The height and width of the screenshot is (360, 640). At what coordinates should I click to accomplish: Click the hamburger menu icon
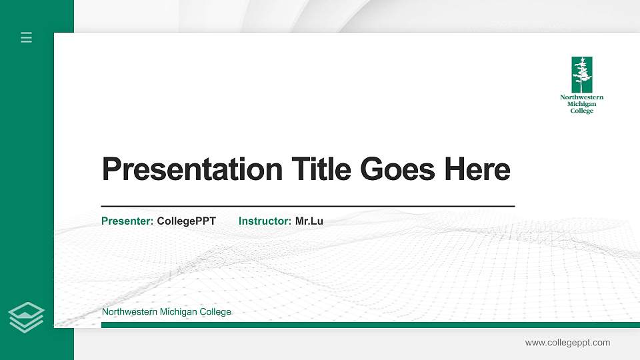pos(27,37)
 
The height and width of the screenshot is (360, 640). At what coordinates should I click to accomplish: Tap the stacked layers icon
pos(27,317)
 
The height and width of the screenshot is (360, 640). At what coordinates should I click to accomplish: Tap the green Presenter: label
pos(127,221)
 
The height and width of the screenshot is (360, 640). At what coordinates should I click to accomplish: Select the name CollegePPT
pos(186,221)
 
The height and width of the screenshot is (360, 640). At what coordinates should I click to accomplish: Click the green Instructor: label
pos(265,221)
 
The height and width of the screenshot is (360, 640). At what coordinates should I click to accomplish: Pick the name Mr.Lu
pos(309,221)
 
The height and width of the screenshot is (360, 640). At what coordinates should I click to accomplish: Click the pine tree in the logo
pos(582,74)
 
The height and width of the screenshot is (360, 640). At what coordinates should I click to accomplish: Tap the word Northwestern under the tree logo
pos(582,97)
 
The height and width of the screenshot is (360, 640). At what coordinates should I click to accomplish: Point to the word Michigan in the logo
pos(582,104)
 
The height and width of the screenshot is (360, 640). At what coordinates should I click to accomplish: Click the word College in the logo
pos(582,111)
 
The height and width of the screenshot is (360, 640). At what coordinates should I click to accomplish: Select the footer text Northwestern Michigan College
pos(166,312)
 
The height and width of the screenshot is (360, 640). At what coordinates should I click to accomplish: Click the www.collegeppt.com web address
pos(567,343)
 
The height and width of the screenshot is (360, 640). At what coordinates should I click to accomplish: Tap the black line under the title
pos(307,206)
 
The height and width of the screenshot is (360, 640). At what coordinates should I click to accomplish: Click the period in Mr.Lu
pos(311,223)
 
